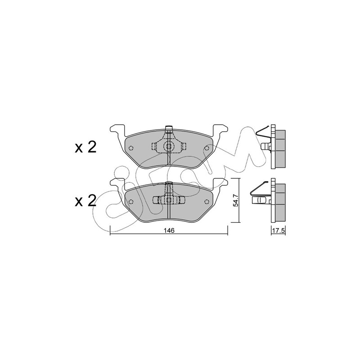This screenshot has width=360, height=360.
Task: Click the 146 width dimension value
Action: pyautogui.click(x=169, y=230)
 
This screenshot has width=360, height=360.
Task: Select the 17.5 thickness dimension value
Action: pyautogui.click(x=278, y=230)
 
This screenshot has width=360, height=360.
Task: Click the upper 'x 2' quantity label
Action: pyautogui.click(x=85, y=147)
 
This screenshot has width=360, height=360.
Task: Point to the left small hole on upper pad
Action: pyautogui.click(x=131, y=148)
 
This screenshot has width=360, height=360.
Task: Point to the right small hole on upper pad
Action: pyautogui.click(x=207, y=148)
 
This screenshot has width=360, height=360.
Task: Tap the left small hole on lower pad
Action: pyautogui.click(x=131, y=202)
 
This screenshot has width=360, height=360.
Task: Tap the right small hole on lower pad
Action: pyautogui.click(x=207, y=202)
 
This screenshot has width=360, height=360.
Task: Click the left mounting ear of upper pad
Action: pyautogui.click(x=118, y=130)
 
